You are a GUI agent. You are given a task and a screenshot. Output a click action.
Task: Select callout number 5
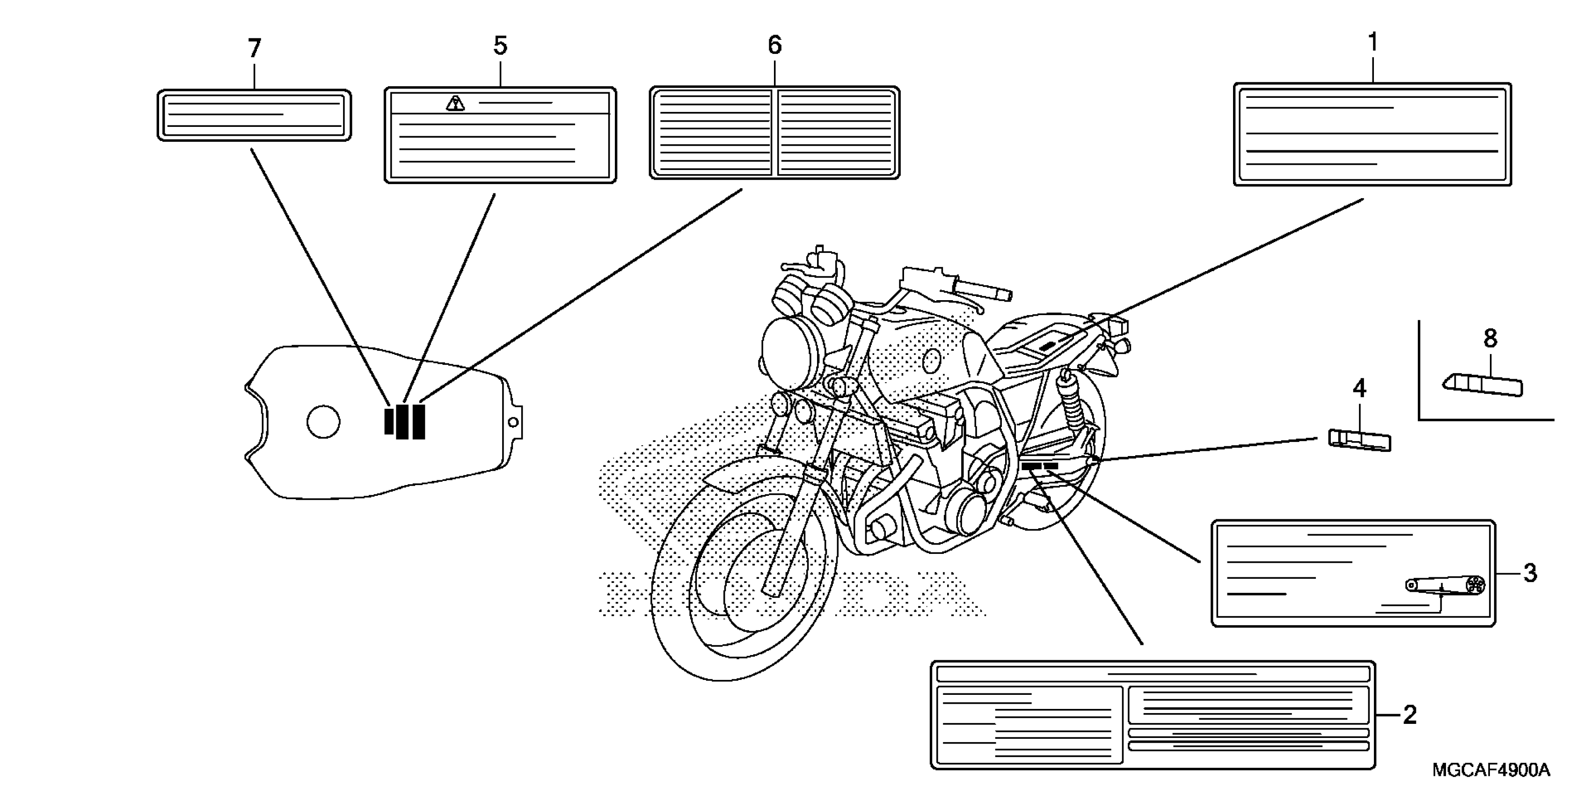tap(500, 46)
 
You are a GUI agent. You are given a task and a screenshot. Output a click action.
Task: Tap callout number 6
tap(774, 45)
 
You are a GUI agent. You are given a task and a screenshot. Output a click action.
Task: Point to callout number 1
tap(1372, 43)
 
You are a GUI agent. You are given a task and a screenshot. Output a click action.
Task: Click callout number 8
tap(1490, 339)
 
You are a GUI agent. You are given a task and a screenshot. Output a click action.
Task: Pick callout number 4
tap(1359, 389)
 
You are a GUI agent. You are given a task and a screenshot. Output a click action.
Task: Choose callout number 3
tap(1529, 573)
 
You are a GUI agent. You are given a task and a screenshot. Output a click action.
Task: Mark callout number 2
tap(1409, 715)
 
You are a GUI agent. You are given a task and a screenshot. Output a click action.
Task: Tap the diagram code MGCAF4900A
tap(1491, 770)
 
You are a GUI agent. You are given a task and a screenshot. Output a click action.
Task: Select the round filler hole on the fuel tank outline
tap(323, 422)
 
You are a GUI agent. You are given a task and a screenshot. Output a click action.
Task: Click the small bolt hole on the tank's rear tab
tap(512, 422)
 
